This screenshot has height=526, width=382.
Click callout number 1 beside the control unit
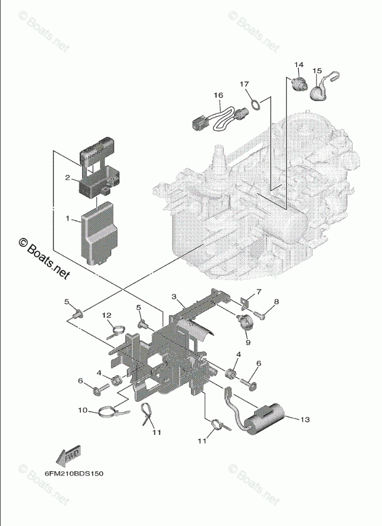pyautogui.click(x=67, y=219)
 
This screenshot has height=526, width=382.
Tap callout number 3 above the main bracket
pyautogui.click(x=174, y=296)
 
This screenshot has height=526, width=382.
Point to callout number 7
pyautogui.click(x=259, y=291)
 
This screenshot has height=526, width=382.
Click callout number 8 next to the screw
pyautogui.click(x=276, y=302)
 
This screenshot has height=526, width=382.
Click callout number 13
pyautogui.click(x=304, y=420)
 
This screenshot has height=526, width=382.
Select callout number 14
pyautogui.click(x=299, y=65)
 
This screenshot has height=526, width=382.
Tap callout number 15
pyautogui.click(x=317, y=70)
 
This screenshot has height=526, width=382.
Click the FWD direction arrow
pyautogui.click(x=67, y=455)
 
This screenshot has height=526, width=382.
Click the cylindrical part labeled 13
pyautogui.click(x=272, y=415)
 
